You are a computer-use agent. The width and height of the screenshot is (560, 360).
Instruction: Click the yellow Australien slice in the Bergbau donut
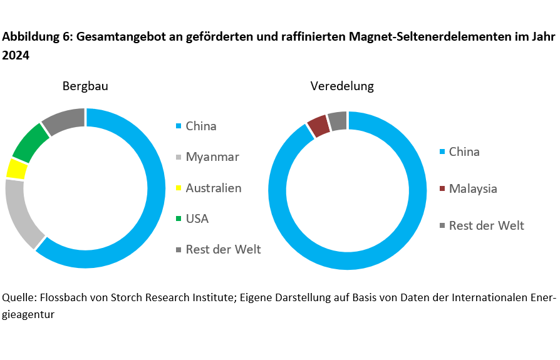pos(16,168)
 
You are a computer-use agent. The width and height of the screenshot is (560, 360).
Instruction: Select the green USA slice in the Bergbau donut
pos(31,143)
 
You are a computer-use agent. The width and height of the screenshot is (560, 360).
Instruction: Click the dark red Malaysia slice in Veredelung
pos(318,125)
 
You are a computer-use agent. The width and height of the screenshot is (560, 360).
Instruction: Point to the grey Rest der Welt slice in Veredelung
pos(338,121)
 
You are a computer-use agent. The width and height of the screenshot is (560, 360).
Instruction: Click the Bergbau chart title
pos(85,86)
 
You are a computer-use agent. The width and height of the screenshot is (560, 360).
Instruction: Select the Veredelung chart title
pos(342,86)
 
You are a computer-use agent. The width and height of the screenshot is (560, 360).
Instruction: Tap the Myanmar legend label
pos(212,157)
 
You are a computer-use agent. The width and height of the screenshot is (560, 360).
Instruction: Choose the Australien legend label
pos(213,188)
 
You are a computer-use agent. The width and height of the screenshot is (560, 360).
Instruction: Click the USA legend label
pos(197,219)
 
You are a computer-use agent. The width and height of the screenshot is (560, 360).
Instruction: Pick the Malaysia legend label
pos(473,188)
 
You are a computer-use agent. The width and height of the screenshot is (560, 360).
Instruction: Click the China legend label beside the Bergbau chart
pos(201,126)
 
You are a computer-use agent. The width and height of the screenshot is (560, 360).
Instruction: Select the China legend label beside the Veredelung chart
pos(464,152)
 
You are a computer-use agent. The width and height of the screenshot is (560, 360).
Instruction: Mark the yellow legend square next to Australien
pos(179,188)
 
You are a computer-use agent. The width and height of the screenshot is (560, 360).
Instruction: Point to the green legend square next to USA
pos(179,219)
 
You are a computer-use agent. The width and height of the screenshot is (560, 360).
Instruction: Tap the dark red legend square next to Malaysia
pos(442,189)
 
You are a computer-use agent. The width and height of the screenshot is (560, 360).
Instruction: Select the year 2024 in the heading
pos(16,56)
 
